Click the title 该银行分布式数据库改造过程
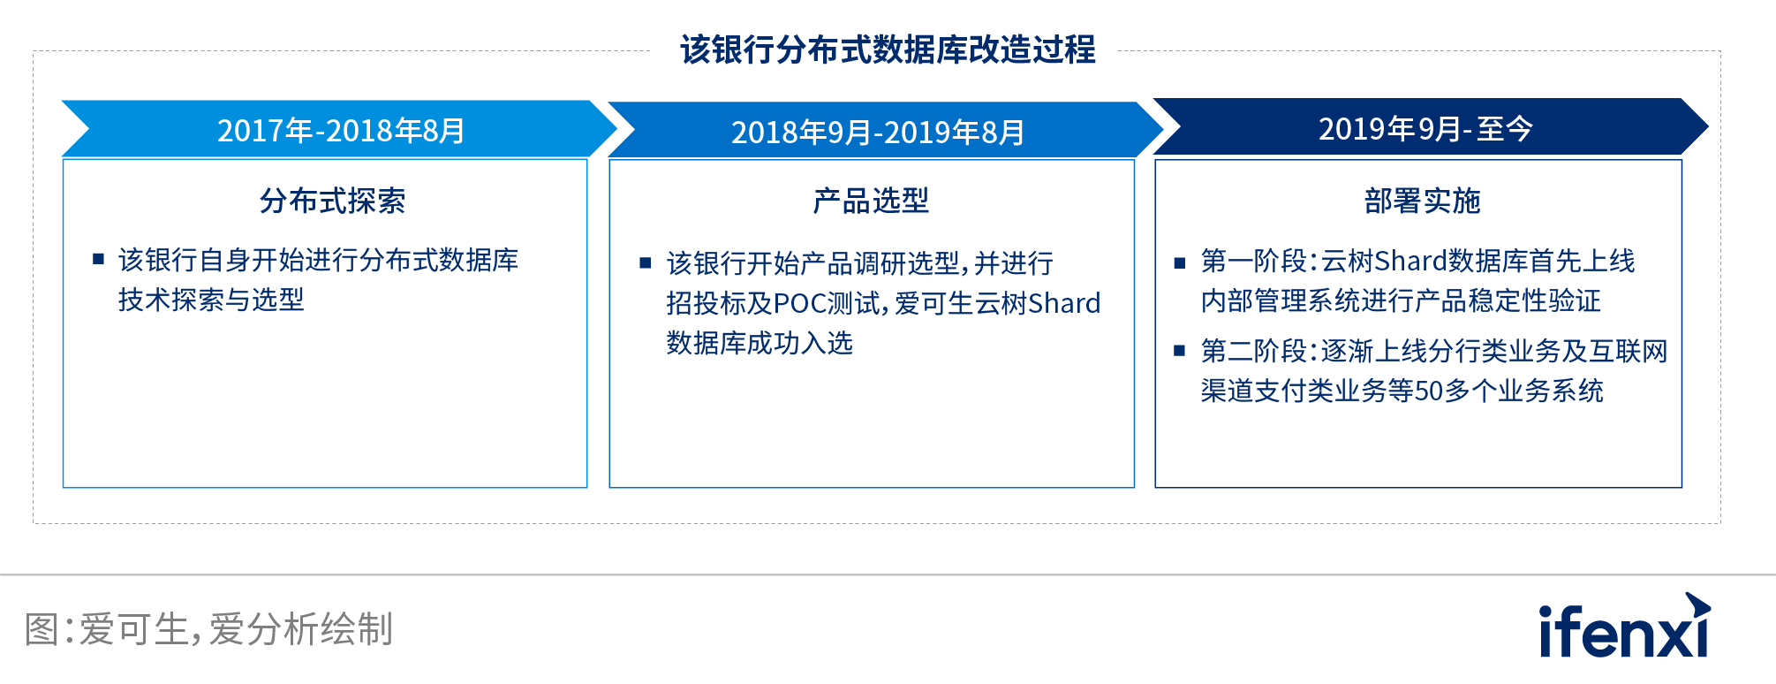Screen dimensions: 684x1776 coord(887,49)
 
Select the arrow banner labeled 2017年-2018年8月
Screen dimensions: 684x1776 coord(341,130)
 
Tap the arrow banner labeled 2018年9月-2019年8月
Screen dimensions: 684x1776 coord(878,132)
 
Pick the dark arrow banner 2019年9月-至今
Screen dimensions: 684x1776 coord(1425,128)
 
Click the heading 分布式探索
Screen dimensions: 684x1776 coord(332,201)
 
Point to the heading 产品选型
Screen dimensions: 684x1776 coord(871,201)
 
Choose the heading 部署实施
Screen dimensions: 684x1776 coord(1421,201)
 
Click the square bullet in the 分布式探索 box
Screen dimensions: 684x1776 coord(98,260)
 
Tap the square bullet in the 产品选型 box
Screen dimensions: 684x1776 coord(645,262)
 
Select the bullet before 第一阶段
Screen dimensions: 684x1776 coord(1179,262)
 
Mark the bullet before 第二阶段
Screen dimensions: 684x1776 coord(1179,351)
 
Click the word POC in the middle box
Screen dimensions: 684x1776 coord(799,303)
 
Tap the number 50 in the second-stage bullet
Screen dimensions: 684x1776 coord(1428,391)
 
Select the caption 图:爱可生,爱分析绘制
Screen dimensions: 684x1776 coord(208,629)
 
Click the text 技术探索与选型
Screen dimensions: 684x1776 coord(211,300)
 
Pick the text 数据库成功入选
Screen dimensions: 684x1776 coord(759,343)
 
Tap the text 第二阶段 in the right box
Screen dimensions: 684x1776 coord(1253,351)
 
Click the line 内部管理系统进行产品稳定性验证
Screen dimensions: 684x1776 coord(1400,300)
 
